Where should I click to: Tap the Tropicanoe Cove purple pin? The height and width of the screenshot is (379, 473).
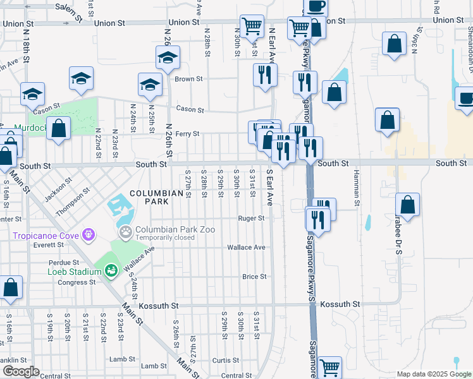[88, 235]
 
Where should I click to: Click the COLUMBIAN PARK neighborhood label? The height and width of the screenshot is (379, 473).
[149, 197]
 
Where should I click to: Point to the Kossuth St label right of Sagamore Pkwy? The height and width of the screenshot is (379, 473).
[340, 304]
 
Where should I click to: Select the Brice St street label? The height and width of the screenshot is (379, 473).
[254, 277]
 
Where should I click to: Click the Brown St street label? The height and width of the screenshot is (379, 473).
[188, 79]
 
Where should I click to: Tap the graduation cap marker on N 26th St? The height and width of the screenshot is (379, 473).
[168, 57]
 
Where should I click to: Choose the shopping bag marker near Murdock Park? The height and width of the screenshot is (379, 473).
[59, 129]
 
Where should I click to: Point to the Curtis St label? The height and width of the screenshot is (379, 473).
[225, 361]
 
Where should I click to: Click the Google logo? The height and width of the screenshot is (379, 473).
[21, 371]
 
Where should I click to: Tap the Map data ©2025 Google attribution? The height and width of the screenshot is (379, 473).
[433, 374]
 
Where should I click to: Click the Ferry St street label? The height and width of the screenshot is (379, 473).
[187, 134]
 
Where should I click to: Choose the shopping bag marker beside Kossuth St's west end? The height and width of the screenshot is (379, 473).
[11, 287]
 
